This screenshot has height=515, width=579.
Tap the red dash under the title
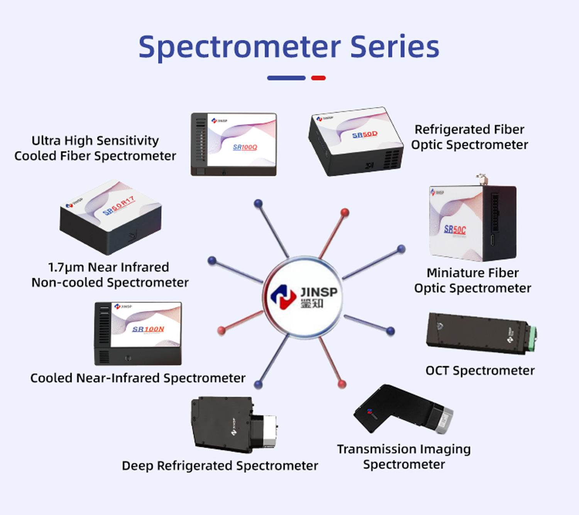(318, 78)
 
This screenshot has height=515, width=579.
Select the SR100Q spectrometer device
(234, 144)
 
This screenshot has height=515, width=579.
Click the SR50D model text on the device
(365, 134)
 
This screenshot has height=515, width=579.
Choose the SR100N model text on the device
(148, 329)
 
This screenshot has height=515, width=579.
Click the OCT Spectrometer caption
(480, 371)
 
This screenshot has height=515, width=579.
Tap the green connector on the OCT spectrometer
(533, 339)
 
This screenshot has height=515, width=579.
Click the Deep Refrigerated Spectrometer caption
(220, 466)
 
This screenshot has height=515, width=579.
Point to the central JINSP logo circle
(303, 297)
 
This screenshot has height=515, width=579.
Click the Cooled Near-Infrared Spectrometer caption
(138, 378)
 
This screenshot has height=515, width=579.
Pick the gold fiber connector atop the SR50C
(481, 178)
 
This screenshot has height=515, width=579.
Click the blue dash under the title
(286, 78)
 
